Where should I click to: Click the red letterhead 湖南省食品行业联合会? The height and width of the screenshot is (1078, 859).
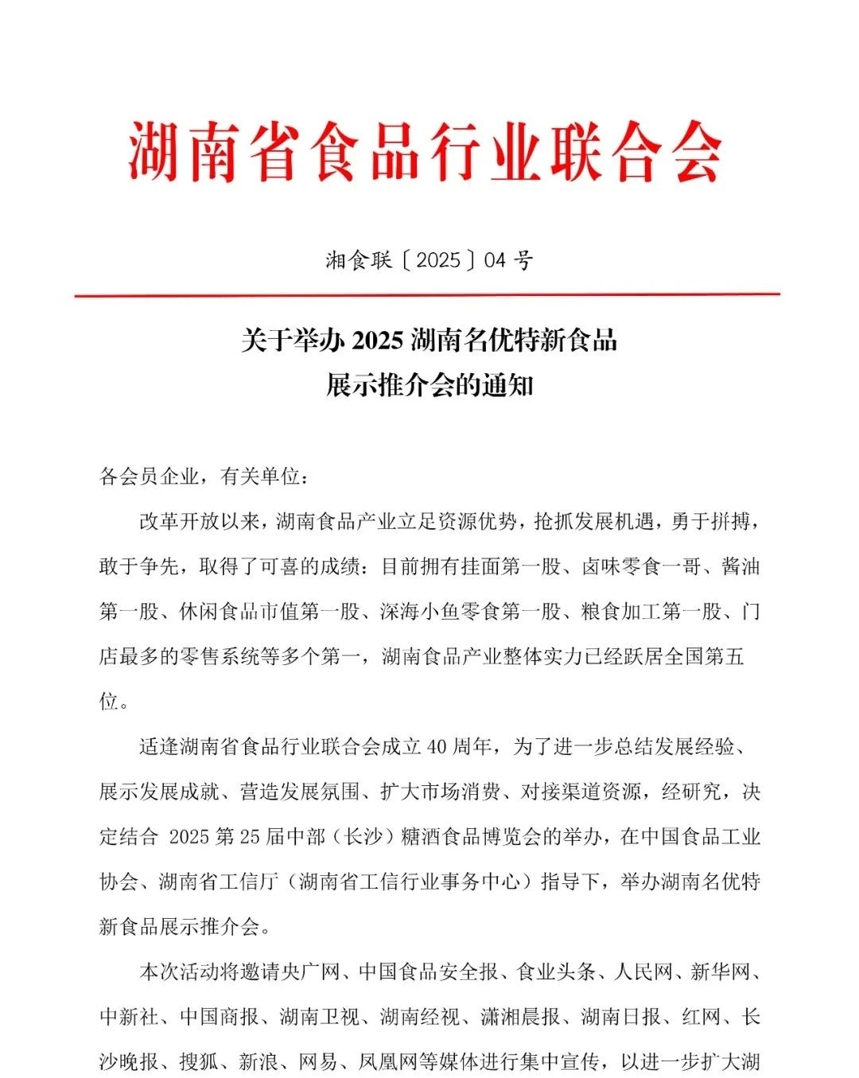(x=426, y=151)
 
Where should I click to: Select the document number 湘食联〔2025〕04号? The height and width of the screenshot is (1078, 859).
(x=429, y=260)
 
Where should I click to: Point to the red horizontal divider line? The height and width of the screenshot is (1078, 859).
(x=427, y=294)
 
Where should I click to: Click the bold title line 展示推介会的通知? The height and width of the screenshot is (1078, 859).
(x=429, y=386)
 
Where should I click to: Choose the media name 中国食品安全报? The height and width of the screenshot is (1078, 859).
(x=428, y=971)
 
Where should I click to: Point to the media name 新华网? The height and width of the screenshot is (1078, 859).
(x=721, y=971)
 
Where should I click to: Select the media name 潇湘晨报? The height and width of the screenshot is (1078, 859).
(x=520, y=1017)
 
